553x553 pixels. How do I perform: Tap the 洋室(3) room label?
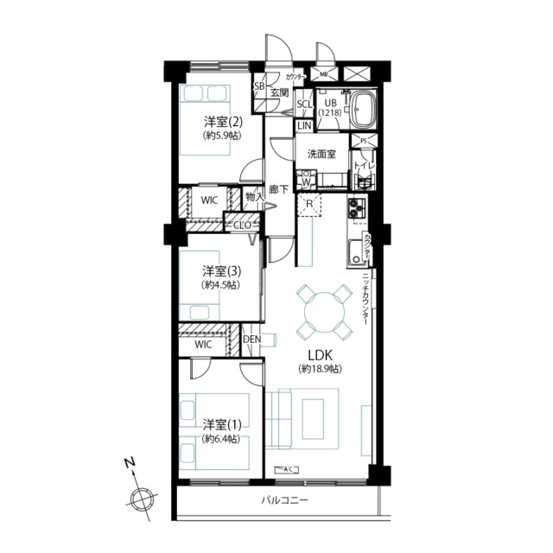pyautogui.click(x=222, y=269)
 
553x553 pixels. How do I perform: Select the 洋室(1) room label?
pyautogui.click(x=222, y=424)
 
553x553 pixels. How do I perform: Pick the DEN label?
pyautogui.click(x=251, y=339)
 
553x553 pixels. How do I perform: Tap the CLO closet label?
pyautogui.click(x=243, y=225)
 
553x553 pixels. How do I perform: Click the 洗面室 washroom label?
pyautogui.click(x=321, y=155)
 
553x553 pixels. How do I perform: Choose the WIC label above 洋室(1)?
pyautogui.click(x=203, y=344)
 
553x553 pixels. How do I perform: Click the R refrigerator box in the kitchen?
pyautogui.click(x=309, y=205)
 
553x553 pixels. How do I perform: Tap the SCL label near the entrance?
pyautogui.click(x=304, y=105)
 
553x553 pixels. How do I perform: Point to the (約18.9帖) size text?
pyautogui.click(x=320, y=369)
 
